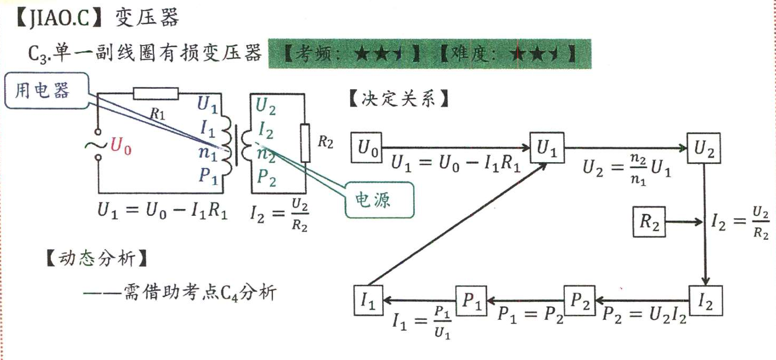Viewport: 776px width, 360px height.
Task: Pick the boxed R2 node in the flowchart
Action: pos(649,222)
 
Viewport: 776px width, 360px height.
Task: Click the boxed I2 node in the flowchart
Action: pos(705,301)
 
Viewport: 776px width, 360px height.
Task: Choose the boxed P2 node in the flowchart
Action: pos(579,301)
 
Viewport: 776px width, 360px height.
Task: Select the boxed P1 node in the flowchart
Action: pos(471,301)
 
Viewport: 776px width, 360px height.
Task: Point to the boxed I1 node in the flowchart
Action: pos(369,301)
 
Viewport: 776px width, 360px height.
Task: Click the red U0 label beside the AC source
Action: pos(121,147)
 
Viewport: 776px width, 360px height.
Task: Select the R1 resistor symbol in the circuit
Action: pos(156,93)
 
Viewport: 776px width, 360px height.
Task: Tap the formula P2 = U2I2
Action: pos(644,316)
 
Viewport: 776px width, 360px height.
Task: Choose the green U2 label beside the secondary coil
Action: pos(267,106)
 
